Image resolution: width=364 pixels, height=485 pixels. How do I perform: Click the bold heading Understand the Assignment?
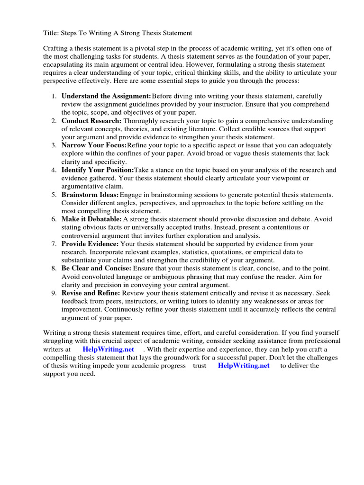pyautogui.click(x=106, y=96)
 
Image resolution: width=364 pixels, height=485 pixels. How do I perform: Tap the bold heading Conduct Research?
pyautogui.click(x=91, y=121)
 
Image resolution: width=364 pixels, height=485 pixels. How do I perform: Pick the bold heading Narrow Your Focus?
pyautogui.click(x=94, y=145)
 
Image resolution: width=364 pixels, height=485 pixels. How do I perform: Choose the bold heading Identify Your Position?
pyautogui.click(x=98, y=170)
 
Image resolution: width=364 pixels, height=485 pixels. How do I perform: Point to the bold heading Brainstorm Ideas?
pyautogui.click(x=90, y=195)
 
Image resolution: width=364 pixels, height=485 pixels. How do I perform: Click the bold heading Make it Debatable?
pyautogui.click(x=91, y=219)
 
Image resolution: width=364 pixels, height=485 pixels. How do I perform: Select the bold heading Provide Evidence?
pyautogui.click(x=90, y=244)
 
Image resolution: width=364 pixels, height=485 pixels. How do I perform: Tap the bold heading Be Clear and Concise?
pyautogui.click(x=96, y=269)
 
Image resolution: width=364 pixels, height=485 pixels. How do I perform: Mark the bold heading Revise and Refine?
pyautogui.click(x=91, y=293)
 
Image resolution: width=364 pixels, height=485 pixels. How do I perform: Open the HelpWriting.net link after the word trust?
pyautogui.click(x=244, y=366)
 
